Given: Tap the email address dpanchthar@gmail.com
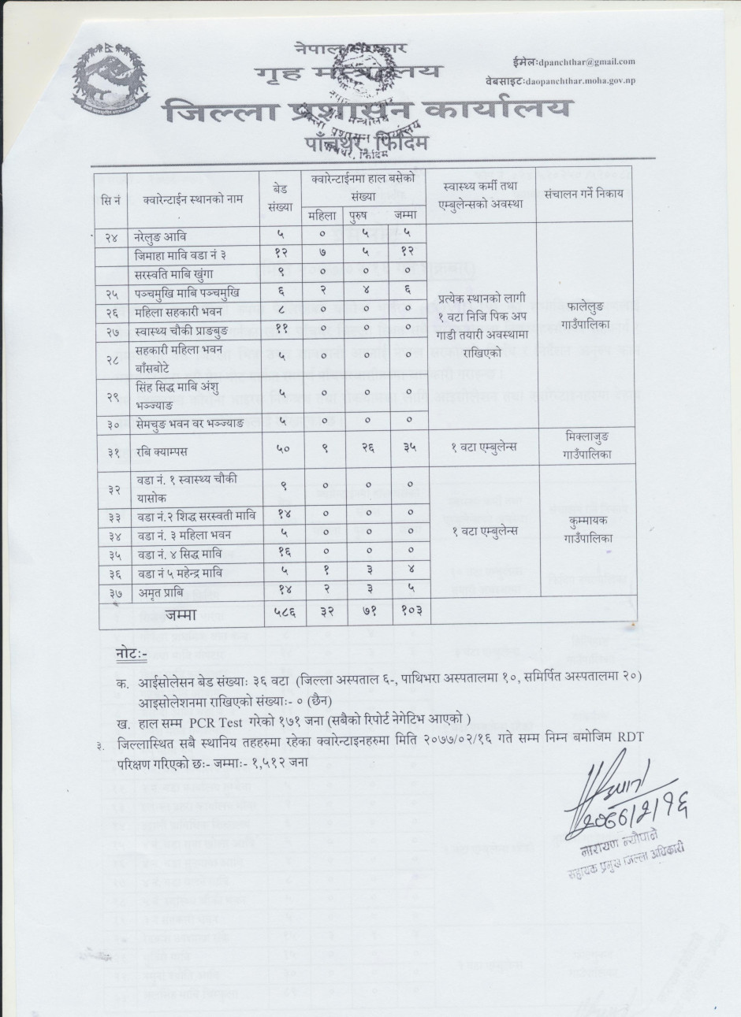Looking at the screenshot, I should tap(586, 61).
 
